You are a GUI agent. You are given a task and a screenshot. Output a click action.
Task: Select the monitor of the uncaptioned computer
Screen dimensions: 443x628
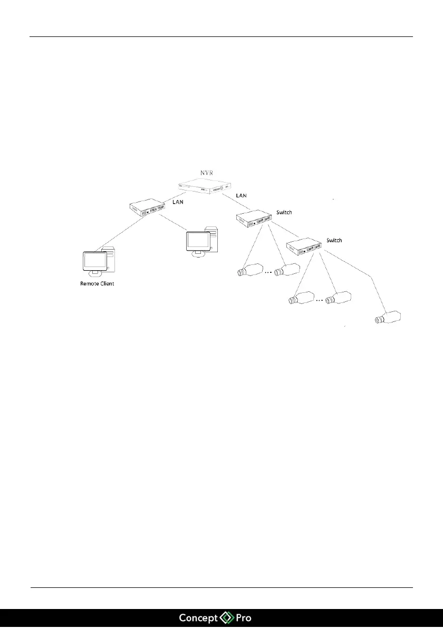(x=198, y=241)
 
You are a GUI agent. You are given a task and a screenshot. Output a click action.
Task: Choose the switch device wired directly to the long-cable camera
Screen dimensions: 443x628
(x=304, y=246)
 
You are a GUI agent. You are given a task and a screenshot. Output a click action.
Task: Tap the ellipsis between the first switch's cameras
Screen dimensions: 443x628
(x=268, y=273)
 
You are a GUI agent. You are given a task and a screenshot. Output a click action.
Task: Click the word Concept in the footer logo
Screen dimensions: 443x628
(x=200, y=617)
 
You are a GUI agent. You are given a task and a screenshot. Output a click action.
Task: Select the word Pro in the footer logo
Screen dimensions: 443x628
(x=243, y=617)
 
